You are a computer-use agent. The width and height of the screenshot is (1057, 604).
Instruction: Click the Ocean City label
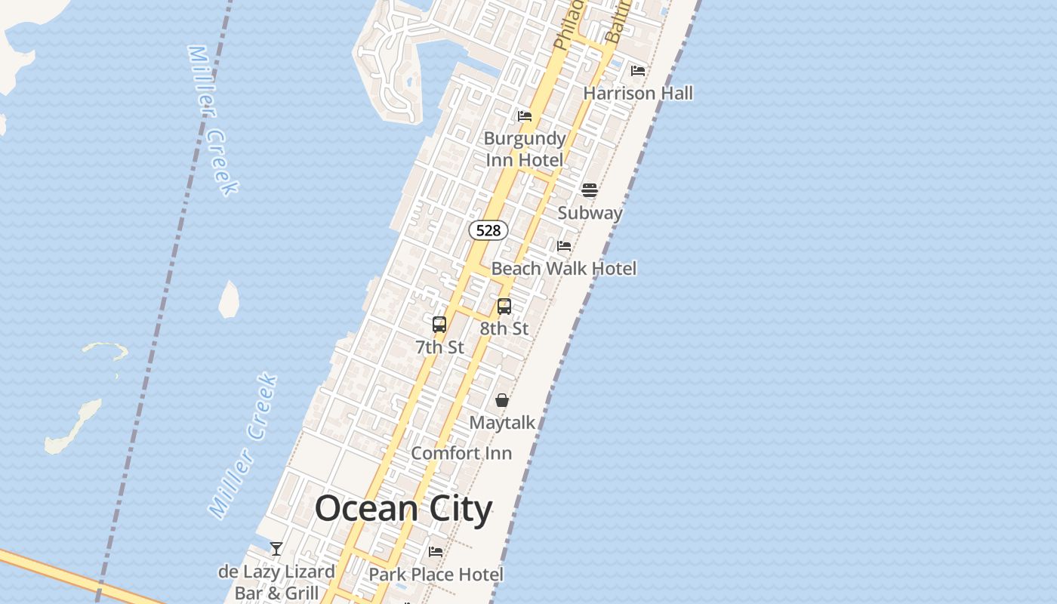403,508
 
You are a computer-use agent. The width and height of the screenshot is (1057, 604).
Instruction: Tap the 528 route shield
488,230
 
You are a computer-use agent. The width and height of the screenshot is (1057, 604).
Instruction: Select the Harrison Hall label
638,93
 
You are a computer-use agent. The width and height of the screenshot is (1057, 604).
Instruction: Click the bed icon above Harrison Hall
638,71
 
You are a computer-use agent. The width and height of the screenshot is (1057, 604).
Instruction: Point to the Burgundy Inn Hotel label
525,149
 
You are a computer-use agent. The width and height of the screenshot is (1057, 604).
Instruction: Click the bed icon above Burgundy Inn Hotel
525,116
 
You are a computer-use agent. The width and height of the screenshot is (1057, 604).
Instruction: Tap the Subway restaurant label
590,213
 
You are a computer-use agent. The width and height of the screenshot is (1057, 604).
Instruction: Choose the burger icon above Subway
590,190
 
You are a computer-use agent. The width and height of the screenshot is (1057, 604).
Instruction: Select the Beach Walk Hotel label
563,268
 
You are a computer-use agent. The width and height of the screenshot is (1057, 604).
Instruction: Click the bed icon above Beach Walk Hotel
564,245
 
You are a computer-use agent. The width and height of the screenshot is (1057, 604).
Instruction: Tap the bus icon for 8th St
504,307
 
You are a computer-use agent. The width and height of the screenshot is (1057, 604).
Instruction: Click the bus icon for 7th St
439,325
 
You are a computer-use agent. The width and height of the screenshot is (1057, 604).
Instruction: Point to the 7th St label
439,347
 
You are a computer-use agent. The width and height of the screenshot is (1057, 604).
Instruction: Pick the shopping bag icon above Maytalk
502,400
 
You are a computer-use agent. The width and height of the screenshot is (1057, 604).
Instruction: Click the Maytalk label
502,423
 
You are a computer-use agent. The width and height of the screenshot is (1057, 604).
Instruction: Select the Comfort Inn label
461,453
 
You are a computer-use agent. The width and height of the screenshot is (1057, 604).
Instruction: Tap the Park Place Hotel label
436,574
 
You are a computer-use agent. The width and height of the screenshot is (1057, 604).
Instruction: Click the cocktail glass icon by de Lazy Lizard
276,549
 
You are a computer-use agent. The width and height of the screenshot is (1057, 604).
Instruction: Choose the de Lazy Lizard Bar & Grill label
276,582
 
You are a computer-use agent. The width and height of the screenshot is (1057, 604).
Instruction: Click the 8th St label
504,328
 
